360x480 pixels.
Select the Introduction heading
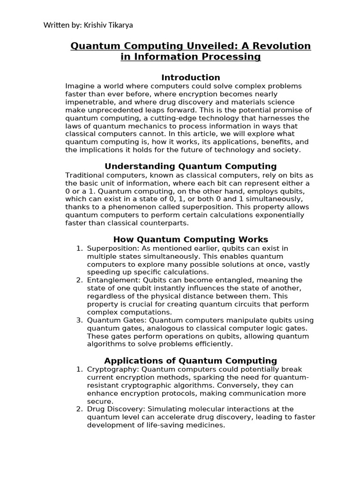[190, 77]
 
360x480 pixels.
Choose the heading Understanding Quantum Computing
[190, 166]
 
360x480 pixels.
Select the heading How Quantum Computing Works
[190, 240]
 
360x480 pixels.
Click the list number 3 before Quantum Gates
[79, 320]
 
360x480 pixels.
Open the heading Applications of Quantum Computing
[190, 360]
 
